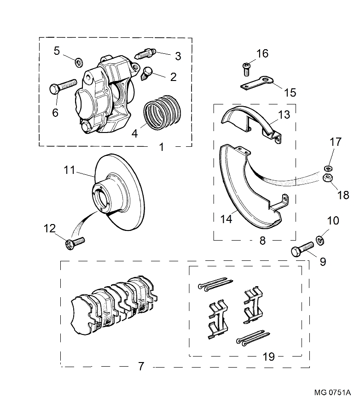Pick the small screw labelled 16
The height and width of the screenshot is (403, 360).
(x=246, y=69)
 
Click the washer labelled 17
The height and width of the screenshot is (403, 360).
(x=328, y=167)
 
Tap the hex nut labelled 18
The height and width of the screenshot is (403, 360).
(x=328, y=178)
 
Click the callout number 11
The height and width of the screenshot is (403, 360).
(x=69, y=170)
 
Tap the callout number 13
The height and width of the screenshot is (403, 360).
(x=285, y=114)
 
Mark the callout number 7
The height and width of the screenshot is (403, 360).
(x=141, y=367)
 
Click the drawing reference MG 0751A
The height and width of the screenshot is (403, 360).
(x=332, y=393)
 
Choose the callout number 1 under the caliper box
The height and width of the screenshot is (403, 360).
(x=162, y=147)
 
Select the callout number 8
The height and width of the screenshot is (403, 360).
(x=262, y=241)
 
